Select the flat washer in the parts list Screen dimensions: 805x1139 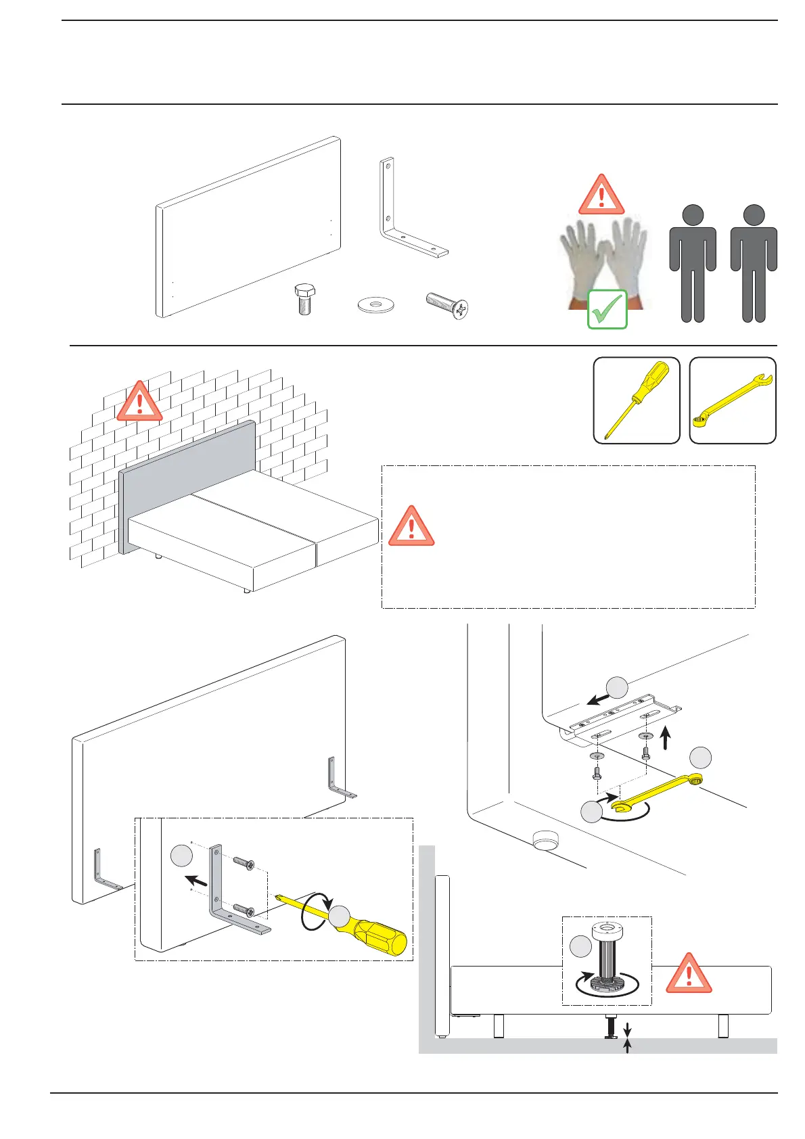tap(375, 305)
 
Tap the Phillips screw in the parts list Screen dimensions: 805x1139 tap(448, 305)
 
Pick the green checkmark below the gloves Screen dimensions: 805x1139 tap(607, 310)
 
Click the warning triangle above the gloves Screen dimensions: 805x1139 tap(601, 197)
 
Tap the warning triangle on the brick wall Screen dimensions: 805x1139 tap(139, 403)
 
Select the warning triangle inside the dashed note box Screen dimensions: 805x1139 tap(411, 528)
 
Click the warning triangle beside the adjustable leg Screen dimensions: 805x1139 tap(689, 975)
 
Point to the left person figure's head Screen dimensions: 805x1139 tap(693, 216)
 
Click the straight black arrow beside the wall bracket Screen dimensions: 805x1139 tap(197, 881)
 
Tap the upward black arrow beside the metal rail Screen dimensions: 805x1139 tap(666, 738)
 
